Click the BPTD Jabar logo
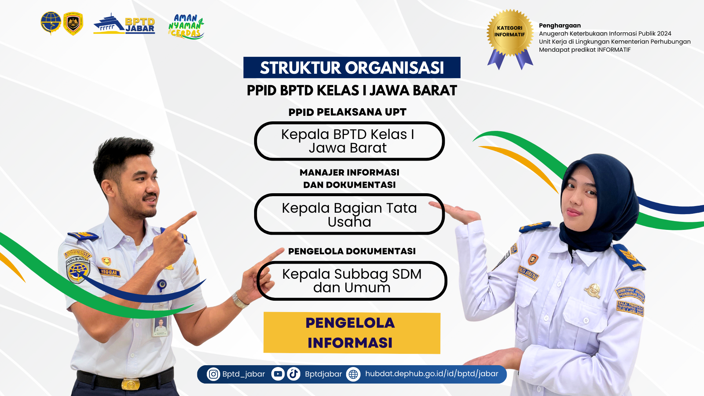124,24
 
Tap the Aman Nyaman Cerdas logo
186,26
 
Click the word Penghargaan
560,25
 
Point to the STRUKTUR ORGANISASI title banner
352,67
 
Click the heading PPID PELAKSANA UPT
347,112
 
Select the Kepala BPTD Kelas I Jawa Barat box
349,141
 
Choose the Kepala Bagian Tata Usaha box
349,214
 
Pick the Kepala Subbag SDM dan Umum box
352,281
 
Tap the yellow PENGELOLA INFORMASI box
352,333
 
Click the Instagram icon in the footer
213,374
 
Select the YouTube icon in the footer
278,374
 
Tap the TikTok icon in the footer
294,374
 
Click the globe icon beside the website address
353,374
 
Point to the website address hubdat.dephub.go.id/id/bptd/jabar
432,374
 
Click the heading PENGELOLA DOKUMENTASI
352,251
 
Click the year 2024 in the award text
664,33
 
